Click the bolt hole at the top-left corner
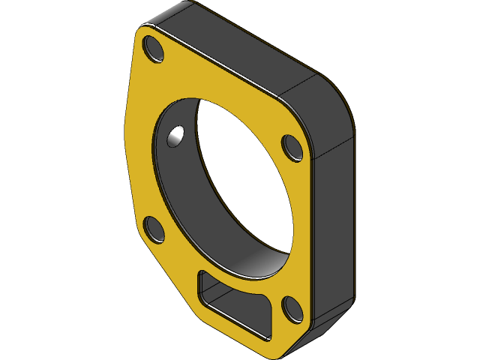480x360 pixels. click(x=154, y=49)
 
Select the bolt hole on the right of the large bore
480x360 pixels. click(x=292, y=147)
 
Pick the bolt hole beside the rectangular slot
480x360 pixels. click(x=292, y=309)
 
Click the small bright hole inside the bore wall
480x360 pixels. click(x=175, y=136)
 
